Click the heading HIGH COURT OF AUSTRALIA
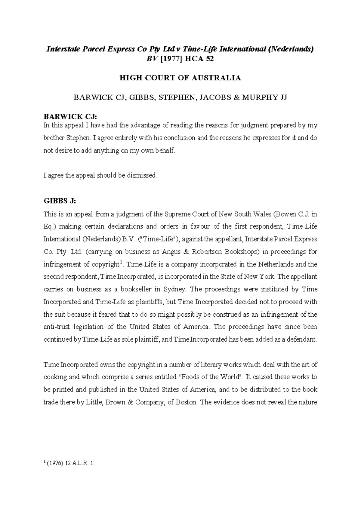pos(180,78)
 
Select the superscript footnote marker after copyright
pos(121,263)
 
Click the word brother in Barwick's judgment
pos(54,138)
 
